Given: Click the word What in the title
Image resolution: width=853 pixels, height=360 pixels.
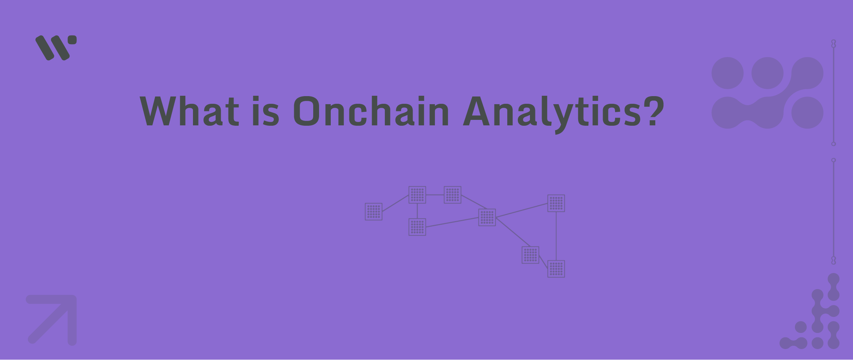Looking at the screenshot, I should [x=189, y=111].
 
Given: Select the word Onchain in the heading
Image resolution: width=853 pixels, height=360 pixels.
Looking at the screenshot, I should [x=371, y=111].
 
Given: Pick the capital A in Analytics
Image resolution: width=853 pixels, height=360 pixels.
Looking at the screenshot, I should [x=477, y=111].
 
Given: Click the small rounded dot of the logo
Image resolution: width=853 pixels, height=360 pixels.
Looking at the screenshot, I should [x=72, y=40].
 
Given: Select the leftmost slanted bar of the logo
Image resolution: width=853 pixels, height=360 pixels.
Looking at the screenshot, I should [x=45, y=48].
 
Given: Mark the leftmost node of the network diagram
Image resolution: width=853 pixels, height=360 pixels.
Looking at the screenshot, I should [x=374, y=212].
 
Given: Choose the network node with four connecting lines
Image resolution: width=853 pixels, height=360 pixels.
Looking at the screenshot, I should [x=487, y=217].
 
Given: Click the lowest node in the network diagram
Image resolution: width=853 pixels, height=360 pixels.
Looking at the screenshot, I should [x=556, y=269].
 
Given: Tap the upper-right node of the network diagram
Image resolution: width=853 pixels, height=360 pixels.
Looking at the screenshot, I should [x=556, y=203].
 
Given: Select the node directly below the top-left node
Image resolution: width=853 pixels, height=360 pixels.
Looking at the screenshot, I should [x=417, y=227].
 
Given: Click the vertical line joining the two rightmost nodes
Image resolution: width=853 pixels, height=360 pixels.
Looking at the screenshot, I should [x=556, y=236].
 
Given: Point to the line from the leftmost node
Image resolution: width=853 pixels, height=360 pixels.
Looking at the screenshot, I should [x=395, y=203].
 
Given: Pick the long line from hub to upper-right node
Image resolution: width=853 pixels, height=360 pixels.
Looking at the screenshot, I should [x=522, y=211].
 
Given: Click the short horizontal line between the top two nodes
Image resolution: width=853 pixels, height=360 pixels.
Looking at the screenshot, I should [x=435, y=195].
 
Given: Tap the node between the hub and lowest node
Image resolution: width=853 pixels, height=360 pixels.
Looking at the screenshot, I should [x=530, y=255].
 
